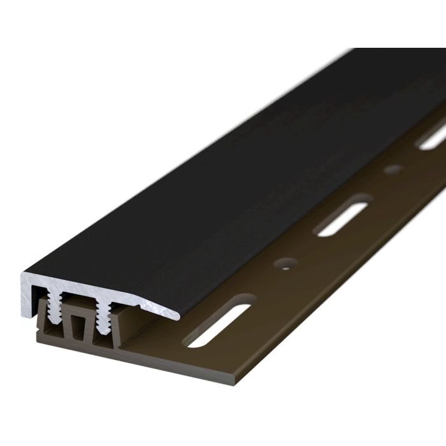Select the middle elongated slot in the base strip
click(344, 219)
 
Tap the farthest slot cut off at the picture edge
click(433, 137)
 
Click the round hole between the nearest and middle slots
click(286, 263)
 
